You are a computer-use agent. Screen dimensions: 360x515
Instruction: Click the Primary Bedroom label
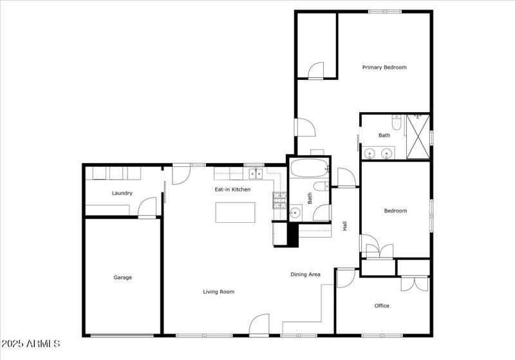(384, 68)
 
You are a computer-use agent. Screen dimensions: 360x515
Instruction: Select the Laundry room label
(122, 193)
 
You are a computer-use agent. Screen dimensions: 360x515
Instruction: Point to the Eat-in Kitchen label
(232, 189)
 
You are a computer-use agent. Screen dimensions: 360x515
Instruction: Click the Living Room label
(218, 292)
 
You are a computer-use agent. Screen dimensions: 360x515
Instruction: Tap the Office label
(382, 306)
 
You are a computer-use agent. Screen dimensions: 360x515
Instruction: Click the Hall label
(345, 226)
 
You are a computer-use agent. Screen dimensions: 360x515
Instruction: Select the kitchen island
(235, 212)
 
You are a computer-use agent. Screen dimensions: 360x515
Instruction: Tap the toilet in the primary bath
(397, 121)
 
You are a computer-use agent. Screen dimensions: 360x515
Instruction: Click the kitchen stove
(279, 202)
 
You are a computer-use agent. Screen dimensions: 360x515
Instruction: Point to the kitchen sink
(256, 173)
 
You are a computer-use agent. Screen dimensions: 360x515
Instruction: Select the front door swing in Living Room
(259, 325)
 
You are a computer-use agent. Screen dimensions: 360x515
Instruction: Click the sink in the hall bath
(295, 212)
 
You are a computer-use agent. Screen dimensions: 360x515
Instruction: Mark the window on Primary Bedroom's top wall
(385, 11)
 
